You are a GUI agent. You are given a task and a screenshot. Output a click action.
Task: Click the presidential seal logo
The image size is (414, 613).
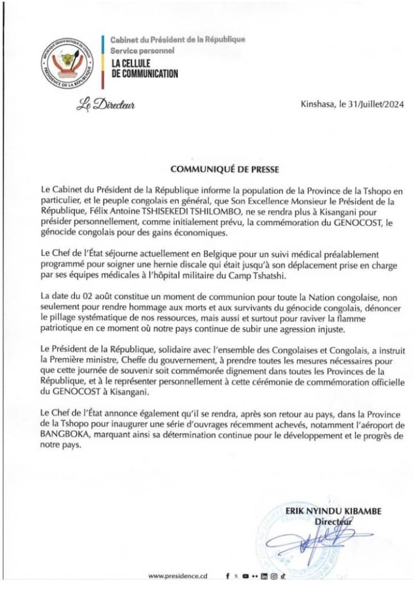pos(64,62)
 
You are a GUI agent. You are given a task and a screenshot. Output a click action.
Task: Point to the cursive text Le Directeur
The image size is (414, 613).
pos(105,105)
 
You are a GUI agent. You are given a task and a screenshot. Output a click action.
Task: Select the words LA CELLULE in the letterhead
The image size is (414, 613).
pos(130,63)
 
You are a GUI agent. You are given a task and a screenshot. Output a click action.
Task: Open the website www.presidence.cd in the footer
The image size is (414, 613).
pos(178,576)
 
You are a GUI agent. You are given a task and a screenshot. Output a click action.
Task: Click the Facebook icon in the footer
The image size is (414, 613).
pos(227,576)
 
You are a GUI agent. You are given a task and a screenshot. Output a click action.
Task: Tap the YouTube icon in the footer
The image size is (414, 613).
pos(246,576)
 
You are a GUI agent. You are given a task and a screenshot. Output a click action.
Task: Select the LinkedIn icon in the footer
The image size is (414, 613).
pos(264,576)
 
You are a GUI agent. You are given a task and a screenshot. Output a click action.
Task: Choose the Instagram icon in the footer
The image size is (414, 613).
pos(273,576)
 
